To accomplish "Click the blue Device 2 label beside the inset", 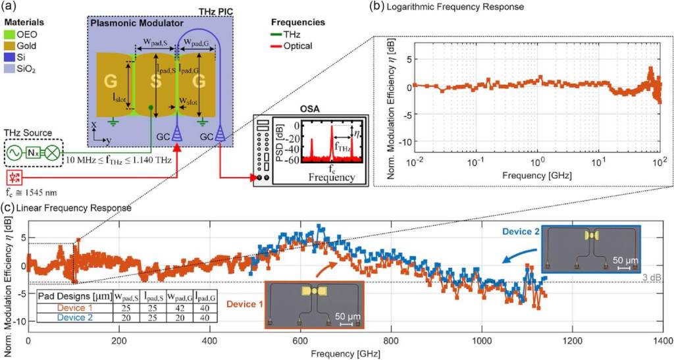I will coord(522,232).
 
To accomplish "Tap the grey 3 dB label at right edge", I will coord(660,276).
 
